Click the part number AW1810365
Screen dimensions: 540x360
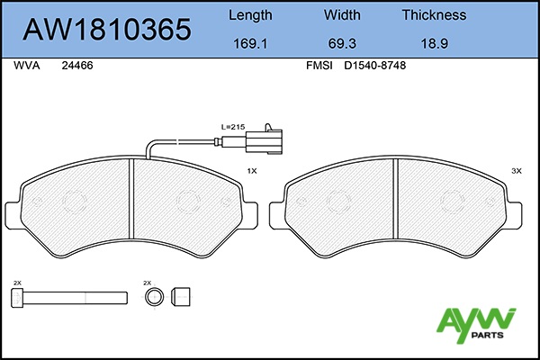(x=107, y=30)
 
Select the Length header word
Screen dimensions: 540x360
(x=250, y=16)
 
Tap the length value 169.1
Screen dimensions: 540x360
(x=250, y=44)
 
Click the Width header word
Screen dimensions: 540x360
(x=342, y=15)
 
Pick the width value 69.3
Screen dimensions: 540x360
(x=342, y=44)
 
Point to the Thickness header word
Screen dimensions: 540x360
(x=435, y=15)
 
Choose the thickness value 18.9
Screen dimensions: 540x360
(x=435, y=44)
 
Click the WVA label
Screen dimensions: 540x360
(x=27, y=66)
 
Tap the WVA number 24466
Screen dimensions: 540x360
(x=77, y=66)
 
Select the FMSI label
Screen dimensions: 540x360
(x=319, y=66)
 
